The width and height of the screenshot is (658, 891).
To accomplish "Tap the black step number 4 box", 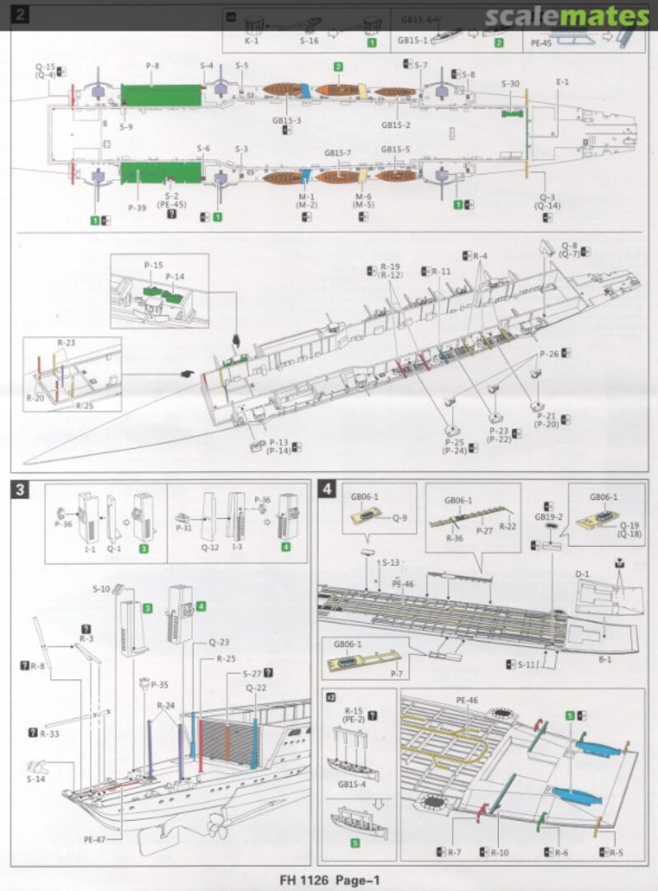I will (328, 490).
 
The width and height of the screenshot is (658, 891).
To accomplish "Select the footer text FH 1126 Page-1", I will (328, 880).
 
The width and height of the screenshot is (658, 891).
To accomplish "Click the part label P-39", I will (137, 208).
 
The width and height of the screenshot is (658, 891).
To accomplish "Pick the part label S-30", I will (510, 83).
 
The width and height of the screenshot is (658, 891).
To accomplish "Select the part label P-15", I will (153, 266).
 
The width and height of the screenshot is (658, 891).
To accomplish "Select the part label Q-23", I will (219, 641).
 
